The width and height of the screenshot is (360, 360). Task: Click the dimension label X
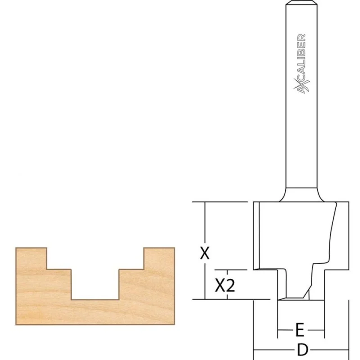tap(205, 253)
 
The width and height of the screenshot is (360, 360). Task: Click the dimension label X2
tap(225, 285)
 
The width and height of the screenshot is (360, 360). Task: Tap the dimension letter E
tap(300, 330)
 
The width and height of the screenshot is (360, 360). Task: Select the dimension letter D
tap(302, 350)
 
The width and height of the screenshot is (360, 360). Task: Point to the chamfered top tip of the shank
tap(301, 3)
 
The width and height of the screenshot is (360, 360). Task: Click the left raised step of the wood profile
tap(31, 258)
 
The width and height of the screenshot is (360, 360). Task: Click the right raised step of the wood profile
tap(159, 258)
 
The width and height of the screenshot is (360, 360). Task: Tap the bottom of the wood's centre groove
tap(95, 299)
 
